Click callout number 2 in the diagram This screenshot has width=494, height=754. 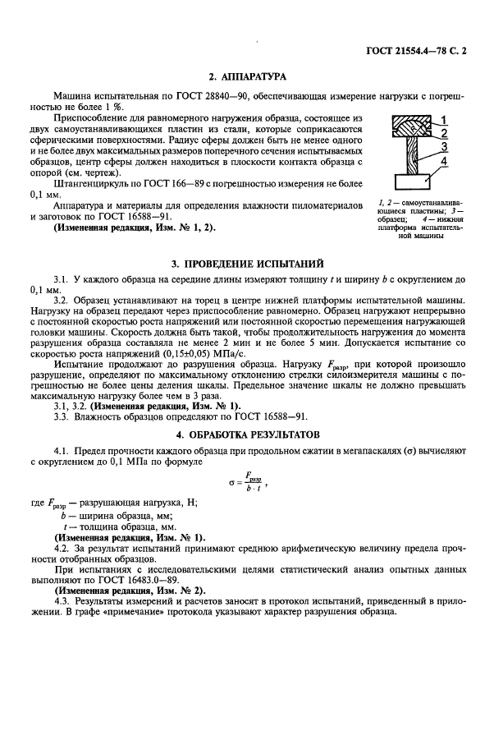click(x=441, y=132)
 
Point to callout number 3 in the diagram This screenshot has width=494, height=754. click(x=441, y=147)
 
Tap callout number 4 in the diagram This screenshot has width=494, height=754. click(x=441, y=162)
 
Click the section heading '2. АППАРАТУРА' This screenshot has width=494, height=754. click(x=246, y=77)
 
